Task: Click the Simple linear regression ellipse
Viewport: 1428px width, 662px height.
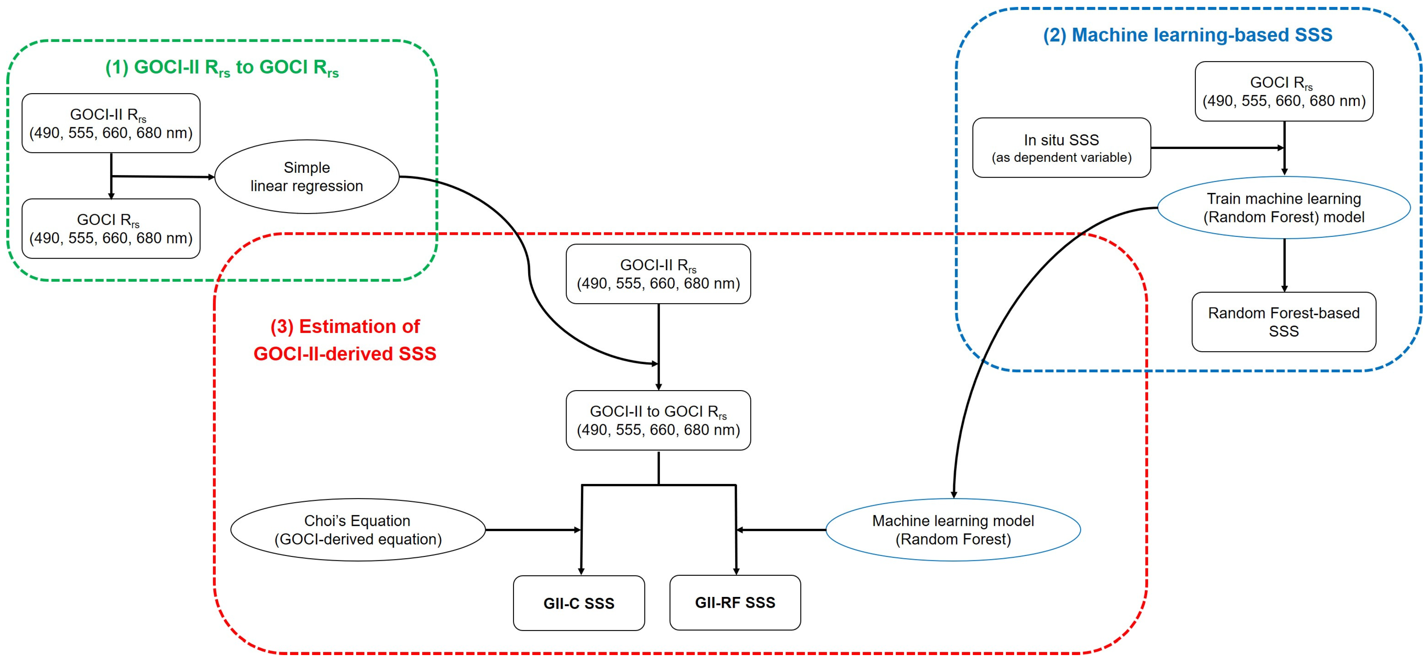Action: tap(307, 176)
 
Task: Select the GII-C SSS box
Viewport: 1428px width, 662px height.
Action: tap(579, 603)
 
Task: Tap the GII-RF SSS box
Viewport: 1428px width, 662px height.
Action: tap(735, 602)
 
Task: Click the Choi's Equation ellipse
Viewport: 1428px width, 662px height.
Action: tap(357, 530)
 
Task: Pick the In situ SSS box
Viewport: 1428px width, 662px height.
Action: tap(1061, 147)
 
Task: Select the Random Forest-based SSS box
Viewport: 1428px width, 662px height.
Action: tap(1283, 321)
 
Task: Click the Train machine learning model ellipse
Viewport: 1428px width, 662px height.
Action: tap(1283, 207)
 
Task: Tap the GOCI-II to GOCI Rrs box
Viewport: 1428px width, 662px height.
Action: tap(658, 420)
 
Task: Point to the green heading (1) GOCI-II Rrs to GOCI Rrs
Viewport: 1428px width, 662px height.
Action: tap(222, 68)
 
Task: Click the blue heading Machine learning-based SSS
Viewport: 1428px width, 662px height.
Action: tap(1188, 35)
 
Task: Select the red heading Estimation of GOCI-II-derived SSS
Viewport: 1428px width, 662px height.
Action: tap(345, 339)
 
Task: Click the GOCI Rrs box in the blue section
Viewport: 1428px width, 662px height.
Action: tap(1283, 91)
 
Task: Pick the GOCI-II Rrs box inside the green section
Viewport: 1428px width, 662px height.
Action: tap(111, 123)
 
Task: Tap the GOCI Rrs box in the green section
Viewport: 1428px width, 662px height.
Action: tap(111, 228)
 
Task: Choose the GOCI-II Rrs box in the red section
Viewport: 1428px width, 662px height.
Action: tap(658, 274)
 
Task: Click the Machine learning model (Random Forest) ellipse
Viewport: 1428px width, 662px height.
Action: tap(953, 530)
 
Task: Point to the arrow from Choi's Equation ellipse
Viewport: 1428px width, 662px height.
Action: tap(532, 530)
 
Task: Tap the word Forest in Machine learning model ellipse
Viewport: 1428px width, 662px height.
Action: tap(978, 539)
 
